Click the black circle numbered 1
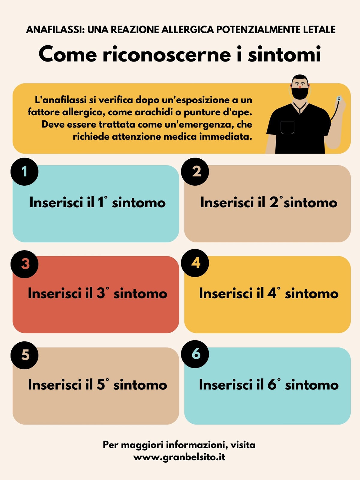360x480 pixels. (x=25, y=172)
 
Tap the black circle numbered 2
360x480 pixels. (x=195, y=172)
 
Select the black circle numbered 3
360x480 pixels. (x=25, y=264)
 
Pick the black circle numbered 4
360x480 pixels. (x=195, y=263)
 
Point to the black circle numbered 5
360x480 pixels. (x=25, y=355)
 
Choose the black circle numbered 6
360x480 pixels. (x=195, y=354)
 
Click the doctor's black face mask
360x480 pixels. (x=300, y=93)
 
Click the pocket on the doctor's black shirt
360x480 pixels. (x=287, y=128)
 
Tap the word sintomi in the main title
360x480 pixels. (x=284, y=54)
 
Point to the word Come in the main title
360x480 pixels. (x=68, y=54)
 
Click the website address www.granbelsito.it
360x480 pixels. (x=179, y=457)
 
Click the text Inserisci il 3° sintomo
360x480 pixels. (x=97, y=293)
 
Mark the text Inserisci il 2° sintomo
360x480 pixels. (x=268, y=202)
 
